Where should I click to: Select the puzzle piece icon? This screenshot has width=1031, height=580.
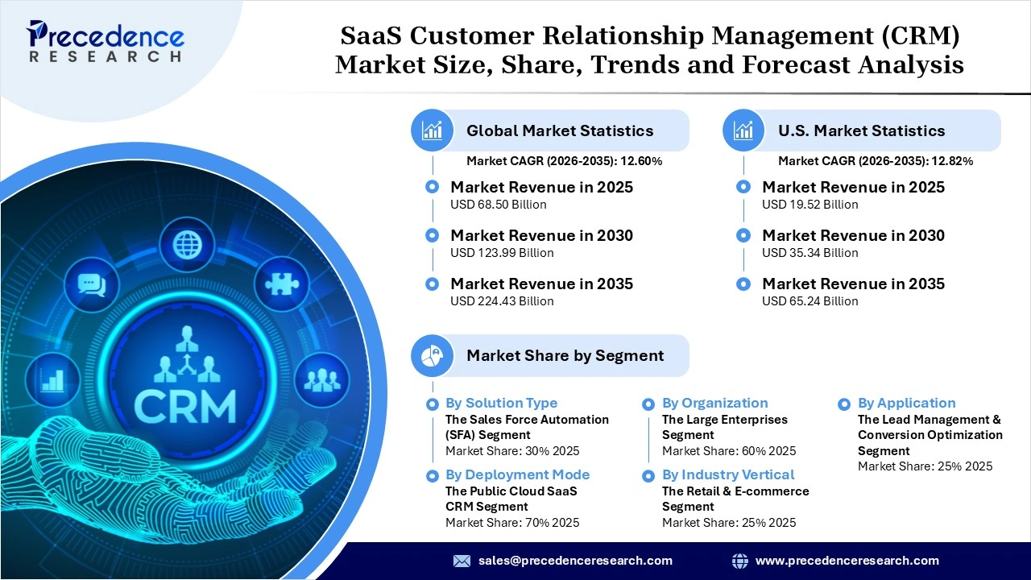pyautogui.click(x=281, y=284)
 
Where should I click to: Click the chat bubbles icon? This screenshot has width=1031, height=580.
pyautogui.click(x=92, y=284)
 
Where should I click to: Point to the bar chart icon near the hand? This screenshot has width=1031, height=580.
pyautogui.click(x=53, y=379)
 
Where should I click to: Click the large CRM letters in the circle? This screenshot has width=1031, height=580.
pyautogui.click(x=185, y=407)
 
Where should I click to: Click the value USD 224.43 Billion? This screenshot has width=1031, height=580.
pyautogui.click(x=502, y=301)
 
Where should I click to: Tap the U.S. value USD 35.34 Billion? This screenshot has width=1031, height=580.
pyautogui.click(x=809, y=253)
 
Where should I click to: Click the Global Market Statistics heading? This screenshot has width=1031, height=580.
pyautogui.click(x=560, y=130)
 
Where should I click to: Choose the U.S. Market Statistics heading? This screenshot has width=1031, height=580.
pyautogui.click(x=861, y=130)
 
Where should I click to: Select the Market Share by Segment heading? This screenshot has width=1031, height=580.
pyautogui.click(x=565, y=355)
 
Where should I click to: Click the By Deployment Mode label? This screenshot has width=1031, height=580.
pyautogui.click(x=517, y=475)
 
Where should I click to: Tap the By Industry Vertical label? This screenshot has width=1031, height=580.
pyautogui.click(x=728, y=475)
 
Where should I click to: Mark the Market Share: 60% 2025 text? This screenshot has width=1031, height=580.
pyautogui.click(x=728, y=451)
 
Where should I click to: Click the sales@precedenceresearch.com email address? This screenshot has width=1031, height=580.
pyautogui.click(x=575, y=561)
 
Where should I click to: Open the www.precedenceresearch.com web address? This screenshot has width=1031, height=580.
pyautogui.click(x=847, y=561)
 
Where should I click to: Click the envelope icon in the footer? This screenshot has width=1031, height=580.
pyautogui.click(x=462, y=561)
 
